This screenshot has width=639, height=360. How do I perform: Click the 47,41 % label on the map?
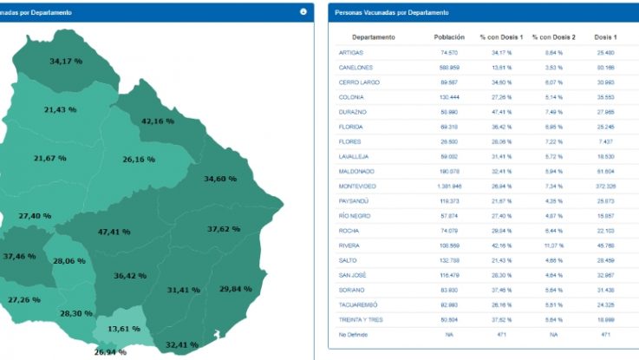tap(114, 232)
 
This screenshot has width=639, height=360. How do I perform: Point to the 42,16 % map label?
tap(158, 121)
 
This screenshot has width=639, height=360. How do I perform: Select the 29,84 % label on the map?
tap(236, 289)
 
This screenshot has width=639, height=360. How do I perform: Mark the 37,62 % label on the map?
tap(224, 229)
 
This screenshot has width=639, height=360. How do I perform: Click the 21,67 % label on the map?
tap(50, 158)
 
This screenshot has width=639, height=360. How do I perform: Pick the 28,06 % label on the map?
tap(69, 260)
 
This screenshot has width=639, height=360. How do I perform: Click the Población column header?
tap(448, 37)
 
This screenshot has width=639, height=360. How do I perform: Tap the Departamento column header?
tap(374, 37)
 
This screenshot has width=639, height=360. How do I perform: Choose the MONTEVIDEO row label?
tap(356, 186)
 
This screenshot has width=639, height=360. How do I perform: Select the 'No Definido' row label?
tap(353, 333)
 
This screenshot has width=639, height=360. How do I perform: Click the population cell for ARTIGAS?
tap(448, 52)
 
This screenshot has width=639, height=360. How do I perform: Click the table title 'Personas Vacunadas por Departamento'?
tap(392, 13)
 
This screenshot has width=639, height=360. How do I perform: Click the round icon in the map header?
tap(303, 12)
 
